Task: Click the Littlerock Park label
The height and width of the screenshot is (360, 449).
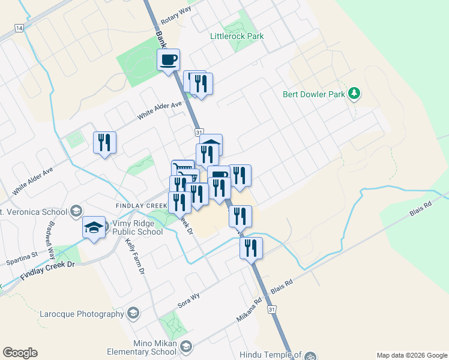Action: pyautogui.click(x=237, y=36)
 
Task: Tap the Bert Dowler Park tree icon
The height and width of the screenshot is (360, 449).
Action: pyautogui.click(x=355, y=93)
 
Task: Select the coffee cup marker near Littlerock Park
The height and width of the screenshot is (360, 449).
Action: pyautogui.click(x=169, y=60)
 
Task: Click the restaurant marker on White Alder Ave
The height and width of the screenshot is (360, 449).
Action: pyautogui.click(x=105, y=143)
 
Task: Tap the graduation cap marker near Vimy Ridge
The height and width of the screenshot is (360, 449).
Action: pyautogui.click(x=93, y=229)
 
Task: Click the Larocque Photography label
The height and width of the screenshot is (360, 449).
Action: pyautogui.click(x=82, y=314)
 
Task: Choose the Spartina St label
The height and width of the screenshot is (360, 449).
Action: pyautogui.click(x=22, y=259)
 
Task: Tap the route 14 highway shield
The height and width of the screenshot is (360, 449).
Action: pyautogui.click(x=19, y=28)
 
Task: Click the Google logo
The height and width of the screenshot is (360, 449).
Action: pyautogui.click(x=20, y=353)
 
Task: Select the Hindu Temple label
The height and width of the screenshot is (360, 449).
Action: pyautogui.click(x=270, y=355)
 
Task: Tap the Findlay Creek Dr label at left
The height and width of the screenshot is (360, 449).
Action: pyautogui.click(x=49, y=270)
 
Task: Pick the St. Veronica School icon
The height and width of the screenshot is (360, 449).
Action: pyautogui.click(x=76, y=211)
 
